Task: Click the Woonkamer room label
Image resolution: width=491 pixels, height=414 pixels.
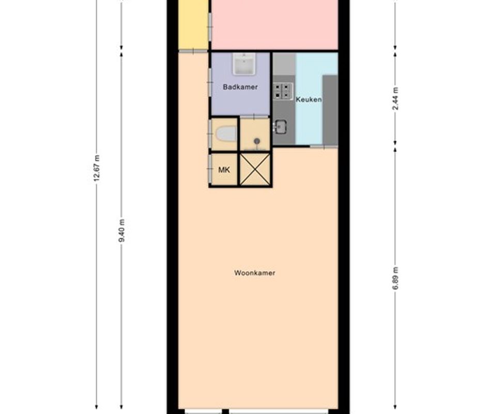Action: tap(255, 273)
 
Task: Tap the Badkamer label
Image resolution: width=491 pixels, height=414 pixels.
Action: tap(240, 87)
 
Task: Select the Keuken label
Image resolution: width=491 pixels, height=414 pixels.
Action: tap(309, 99)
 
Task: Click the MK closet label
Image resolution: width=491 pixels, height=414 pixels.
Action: tap(224, 170)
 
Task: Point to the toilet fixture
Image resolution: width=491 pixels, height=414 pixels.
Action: tap(226, 134)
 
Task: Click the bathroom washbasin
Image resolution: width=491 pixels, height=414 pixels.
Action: tap(243, 64)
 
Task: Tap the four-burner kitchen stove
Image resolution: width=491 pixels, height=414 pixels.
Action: tap(283, 91)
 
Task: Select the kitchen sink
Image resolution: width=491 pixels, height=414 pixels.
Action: tap(280, 127)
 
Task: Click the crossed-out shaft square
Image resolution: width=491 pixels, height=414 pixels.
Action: tap(255, 170)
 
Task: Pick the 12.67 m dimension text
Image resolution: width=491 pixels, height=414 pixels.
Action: tap(97, 168)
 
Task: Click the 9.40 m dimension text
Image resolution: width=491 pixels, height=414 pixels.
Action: tap(121, 230)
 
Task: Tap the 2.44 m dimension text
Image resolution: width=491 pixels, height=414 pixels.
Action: tap(395, 98)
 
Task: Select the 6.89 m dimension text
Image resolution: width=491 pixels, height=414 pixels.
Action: tap(395, 278)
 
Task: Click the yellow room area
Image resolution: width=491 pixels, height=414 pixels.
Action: tap(193, 24)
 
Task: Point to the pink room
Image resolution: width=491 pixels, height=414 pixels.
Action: tap(274, 24)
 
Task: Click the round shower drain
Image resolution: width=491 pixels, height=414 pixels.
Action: tap(257, 141)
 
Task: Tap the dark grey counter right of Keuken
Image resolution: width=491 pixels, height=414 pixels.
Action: tap(330, 110)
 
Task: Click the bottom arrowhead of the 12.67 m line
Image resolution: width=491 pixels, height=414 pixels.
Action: tap(97, 407)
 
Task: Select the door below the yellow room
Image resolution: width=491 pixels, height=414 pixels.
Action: tap(193, 51)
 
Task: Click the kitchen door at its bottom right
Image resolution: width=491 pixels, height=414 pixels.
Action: tap(324, 146)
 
